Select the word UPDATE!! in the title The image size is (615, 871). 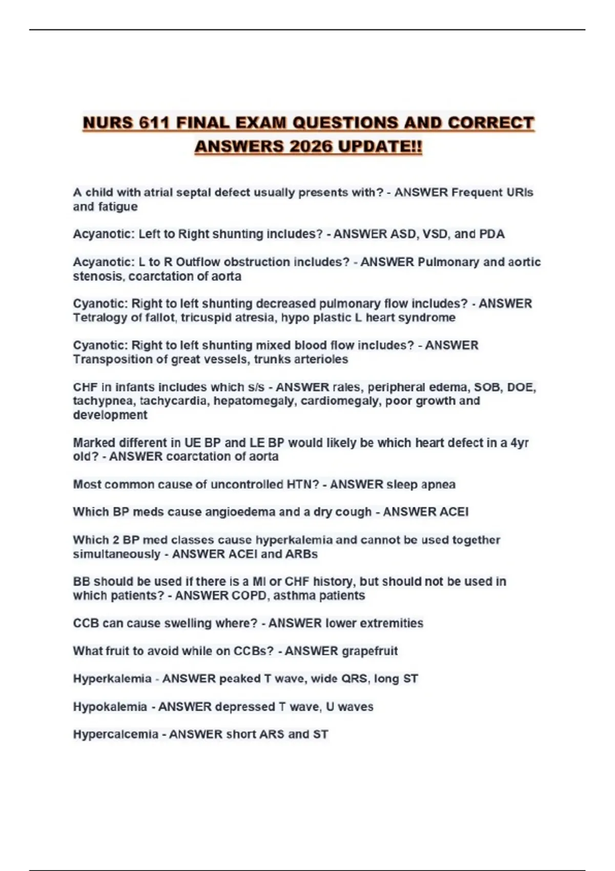pyautogui.click(x=381, y=147)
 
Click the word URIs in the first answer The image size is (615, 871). pyautogui.click(x=519, y=193)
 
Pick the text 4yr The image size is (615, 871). pyautogui.click(x=519, y=443)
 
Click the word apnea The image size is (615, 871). pyautogui.click(x=438, y=485)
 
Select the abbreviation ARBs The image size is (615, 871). pyautogui.click(x=302, y=554)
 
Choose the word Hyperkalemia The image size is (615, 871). pyautogui.click(x=112, y=679)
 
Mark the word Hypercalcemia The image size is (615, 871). pyautogui.click(x=115, y=735)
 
